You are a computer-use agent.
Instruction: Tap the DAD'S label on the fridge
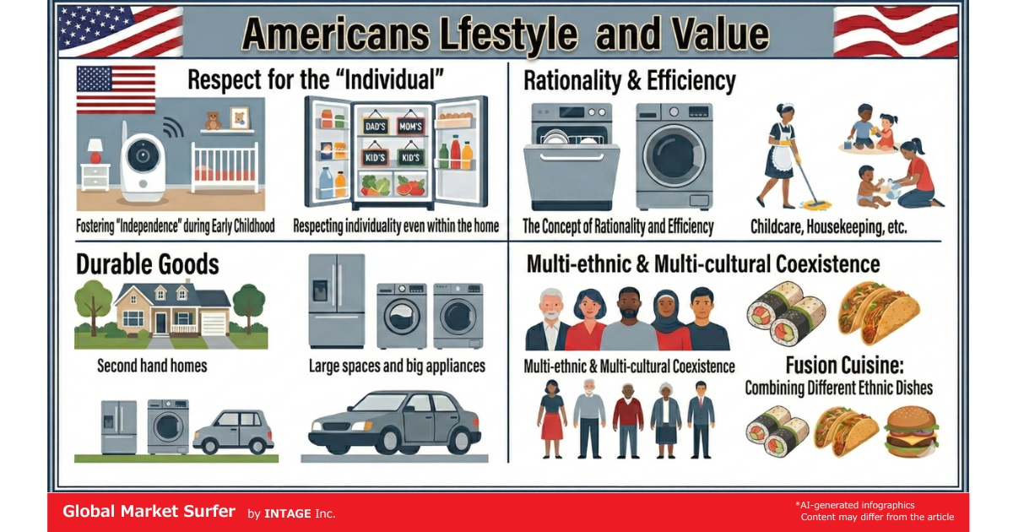coord(374,127)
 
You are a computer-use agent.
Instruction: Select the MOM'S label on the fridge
coord(409,127)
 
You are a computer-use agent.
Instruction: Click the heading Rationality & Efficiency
coord(629,81)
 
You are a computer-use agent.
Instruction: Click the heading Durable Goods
coord(148,264)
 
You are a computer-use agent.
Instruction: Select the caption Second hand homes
coord(152,366)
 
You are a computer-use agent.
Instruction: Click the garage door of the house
coord(214,324)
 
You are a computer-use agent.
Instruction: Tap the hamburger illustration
coord(910,432)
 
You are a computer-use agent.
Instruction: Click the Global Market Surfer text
coord(149,512)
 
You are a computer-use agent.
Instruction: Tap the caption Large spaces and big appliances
coord(397,366)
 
